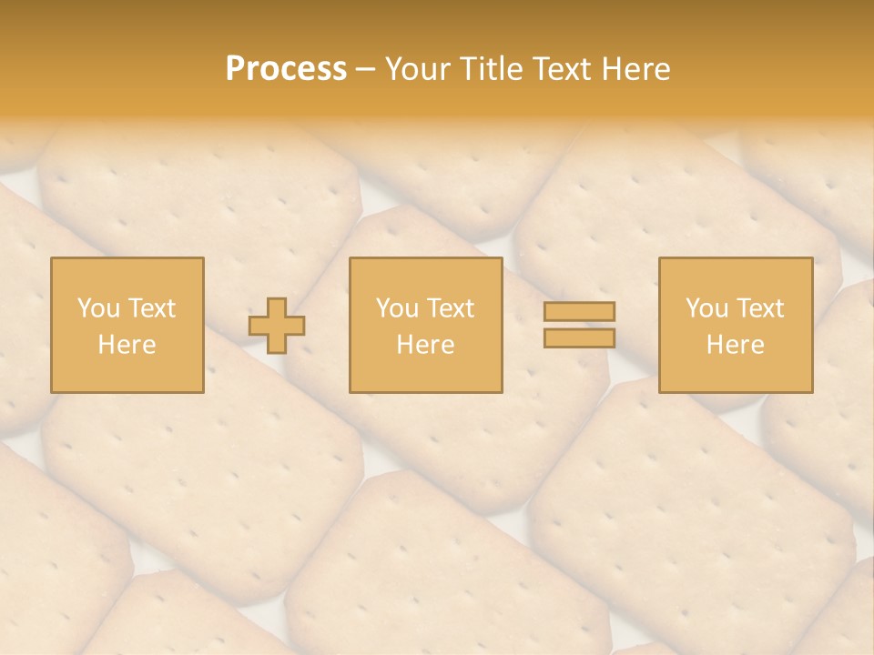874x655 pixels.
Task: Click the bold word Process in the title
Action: tap(286, 69)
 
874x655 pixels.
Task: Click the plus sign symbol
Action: tap(278, 326)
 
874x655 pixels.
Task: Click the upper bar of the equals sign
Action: tap(579, 311)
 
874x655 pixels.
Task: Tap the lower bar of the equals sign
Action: tap(579, 338)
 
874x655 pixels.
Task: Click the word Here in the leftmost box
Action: tap(127, 345)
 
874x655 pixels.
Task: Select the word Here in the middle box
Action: tap(426, 345)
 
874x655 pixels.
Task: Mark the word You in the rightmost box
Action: tap(707, 308)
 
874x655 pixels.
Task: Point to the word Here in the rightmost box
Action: tap(736, 345)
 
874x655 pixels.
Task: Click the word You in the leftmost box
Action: tap(98, 308)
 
